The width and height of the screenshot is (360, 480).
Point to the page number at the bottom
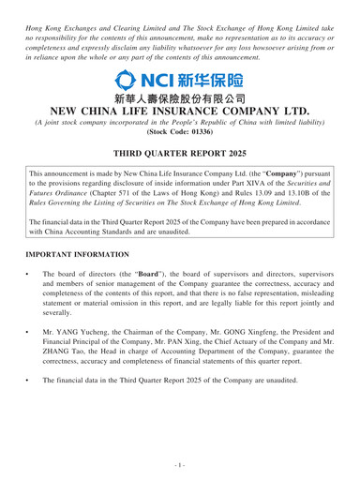coord(180,466)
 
